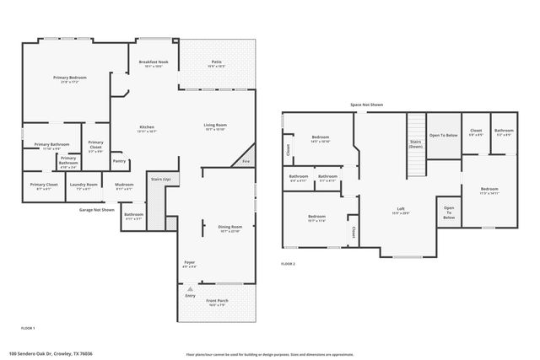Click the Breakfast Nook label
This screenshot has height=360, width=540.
pos(153,61)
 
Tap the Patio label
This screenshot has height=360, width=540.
pos(216,61)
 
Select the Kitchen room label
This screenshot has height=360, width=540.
pos(146,126)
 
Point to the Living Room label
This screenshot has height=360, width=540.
pos(215,126)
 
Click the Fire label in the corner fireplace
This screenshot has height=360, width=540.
pos(246,160)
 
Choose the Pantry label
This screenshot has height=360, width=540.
pos(119,160)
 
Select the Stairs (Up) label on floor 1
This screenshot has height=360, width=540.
pos(160,179)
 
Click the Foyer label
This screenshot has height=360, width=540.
pos(190,263)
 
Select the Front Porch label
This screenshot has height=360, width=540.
pos(218,301)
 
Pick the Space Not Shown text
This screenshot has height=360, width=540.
pos(368,105)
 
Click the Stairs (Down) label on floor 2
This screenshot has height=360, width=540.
pos(415,143)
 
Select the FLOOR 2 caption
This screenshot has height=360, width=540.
pos(288,264)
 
